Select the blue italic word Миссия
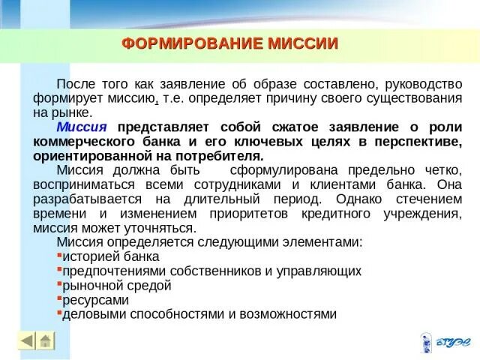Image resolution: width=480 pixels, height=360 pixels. point(82,127)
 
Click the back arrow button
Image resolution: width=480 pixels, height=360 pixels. point(27,340)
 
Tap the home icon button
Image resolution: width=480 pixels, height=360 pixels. point(46,340)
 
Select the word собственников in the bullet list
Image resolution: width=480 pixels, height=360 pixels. point(205,271)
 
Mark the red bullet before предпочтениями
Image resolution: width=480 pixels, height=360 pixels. point(58,268)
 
